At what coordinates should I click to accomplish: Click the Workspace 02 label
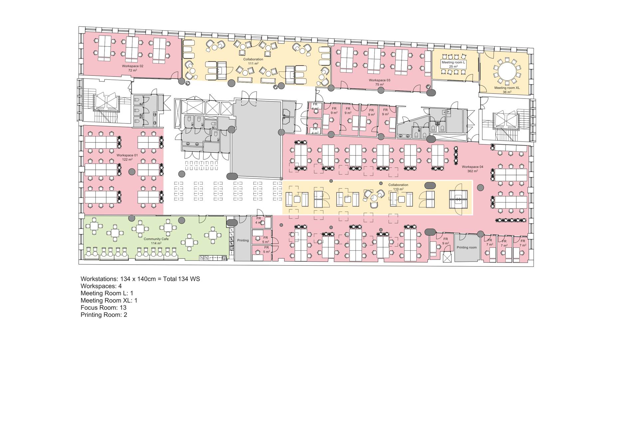132,66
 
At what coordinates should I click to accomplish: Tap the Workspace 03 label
379,80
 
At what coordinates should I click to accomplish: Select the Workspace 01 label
127,155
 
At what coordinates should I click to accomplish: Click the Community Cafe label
156,239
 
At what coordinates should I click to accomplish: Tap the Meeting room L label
453,62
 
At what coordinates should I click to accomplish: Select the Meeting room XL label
507,88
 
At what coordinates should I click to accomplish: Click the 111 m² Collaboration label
253,59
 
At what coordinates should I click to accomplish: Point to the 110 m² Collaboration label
398,185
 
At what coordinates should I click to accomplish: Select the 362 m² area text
472,171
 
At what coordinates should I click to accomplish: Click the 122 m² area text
127,159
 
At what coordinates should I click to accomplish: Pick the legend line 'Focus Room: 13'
104,308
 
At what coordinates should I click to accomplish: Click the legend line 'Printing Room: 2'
104,315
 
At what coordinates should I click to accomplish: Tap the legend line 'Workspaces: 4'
101,286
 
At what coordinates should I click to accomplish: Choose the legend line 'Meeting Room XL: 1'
109,301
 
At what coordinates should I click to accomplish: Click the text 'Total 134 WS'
181,279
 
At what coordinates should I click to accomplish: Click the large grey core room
257,139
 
